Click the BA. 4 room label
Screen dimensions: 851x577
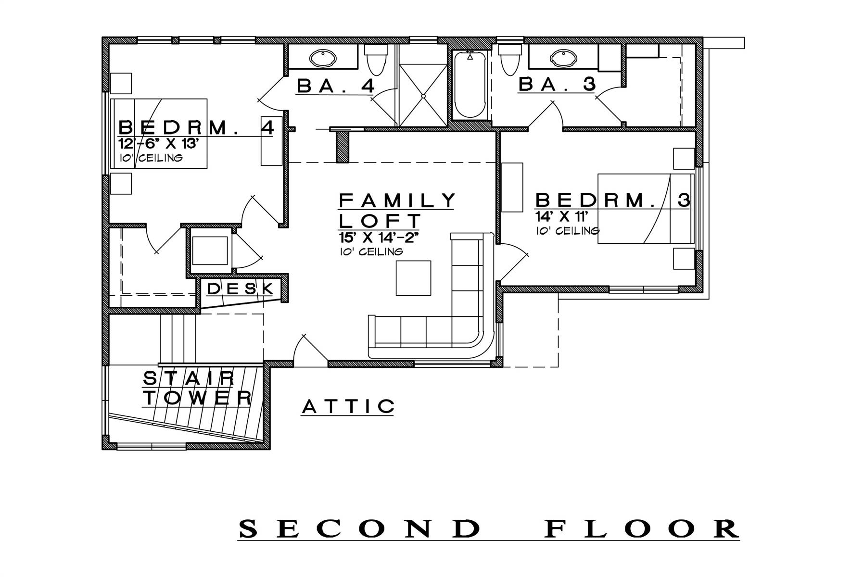pyautogui.click(x=335, y=86)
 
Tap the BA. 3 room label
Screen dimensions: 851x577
pyautogui.click(x=557, y=85)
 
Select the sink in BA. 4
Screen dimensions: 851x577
pyautogui.click(x=323, y=59)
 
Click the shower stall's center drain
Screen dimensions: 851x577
pyautogui.click(x=423, y=96)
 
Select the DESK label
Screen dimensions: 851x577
pyautogui.click(x=241, y=288)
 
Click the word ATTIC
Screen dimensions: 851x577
pyautogui.click(x=348, y=407)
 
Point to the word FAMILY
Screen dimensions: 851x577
pyautogui.click(x=397, y=200)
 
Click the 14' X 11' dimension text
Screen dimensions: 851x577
pyautogui.click(x=559, y=215)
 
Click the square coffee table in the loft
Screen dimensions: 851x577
pyautogui.click(x=414, y=278)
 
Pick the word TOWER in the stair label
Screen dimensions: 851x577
pyautogui.click(x=198, y=398)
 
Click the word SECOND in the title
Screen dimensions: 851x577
pyautogui.click(x=360, y=529)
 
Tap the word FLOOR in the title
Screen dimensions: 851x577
pyautogui.click(x=642, y=529)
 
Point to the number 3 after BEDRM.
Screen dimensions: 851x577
pyautogui.click(x=684, y=200)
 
